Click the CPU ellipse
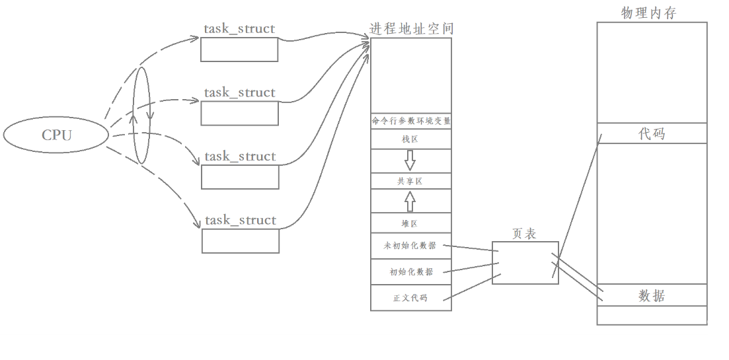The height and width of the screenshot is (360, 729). tap(56, 135)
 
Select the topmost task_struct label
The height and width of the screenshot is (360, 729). tap(239, 29)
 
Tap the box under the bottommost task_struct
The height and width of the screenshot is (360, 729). tap(241, 241)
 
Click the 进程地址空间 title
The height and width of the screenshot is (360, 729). tap(411, 29)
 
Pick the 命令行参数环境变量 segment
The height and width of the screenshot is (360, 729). tap(411, 122)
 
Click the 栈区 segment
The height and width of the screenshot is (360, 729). tap(410, 139)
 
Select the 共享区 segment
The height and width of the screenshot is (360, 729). tap(410, 181)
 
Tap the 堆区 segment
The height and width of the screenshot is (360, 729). tap(410, 223)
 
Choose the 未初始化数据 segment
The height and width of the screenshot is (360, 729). tap(410, 245)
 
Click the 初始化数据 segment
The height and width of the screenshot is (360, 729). tap(410, 271)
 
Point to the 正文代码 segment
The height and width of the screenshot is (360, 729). tap(410, 298)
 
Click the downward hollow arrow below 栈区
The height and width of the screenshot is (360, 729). tap(410, 160)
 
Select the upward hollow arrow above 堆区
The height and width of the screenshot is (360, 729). tap(410, 201)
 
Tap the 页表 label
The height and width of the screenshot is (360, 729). tap(524, 234)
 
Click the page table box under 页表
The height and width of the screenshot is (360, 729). tap(525, 263)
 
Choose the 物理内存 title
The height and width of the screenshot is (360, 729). tap(649, 13)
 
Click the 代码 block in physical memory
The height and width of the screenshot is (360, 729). tap(652, 133)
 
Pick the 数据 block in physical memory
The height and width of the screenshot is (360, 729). tap(652, 295)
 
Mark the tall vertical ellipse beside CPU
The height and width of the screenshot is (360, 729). tap(141, 115)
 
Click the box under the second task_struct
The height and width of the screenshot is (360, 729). tap(239, 114)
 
